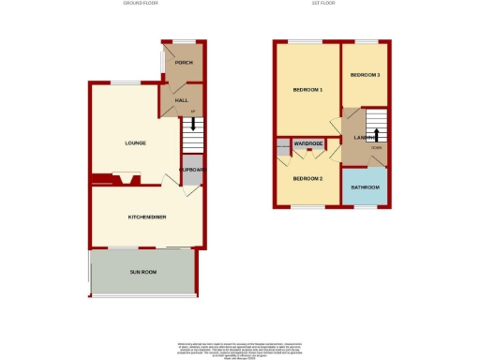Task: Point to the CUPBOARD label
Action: pyautogui.click(x=192, y=170)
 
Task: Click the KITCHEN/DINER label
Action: pyautogui.click(x=146, y=217)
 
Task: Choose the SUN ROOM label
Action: pyautogui.click(x=143, y=272)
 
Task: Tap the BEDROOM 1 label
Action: pyautogui.click(x=307, y=90)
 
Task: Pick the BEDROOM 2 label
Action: pyautogui.click(x=307, y=178)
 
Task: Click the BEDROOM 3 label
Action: pyautogui.click(x=365, y=74)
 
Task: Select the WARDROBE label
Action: pyautogui.click(x=308, y=143)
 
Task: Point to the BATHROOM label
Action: pyautogui.click(x=365, y=187)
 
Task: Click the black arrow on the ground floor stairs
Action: pyautogui.click(x=193, y=125)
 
